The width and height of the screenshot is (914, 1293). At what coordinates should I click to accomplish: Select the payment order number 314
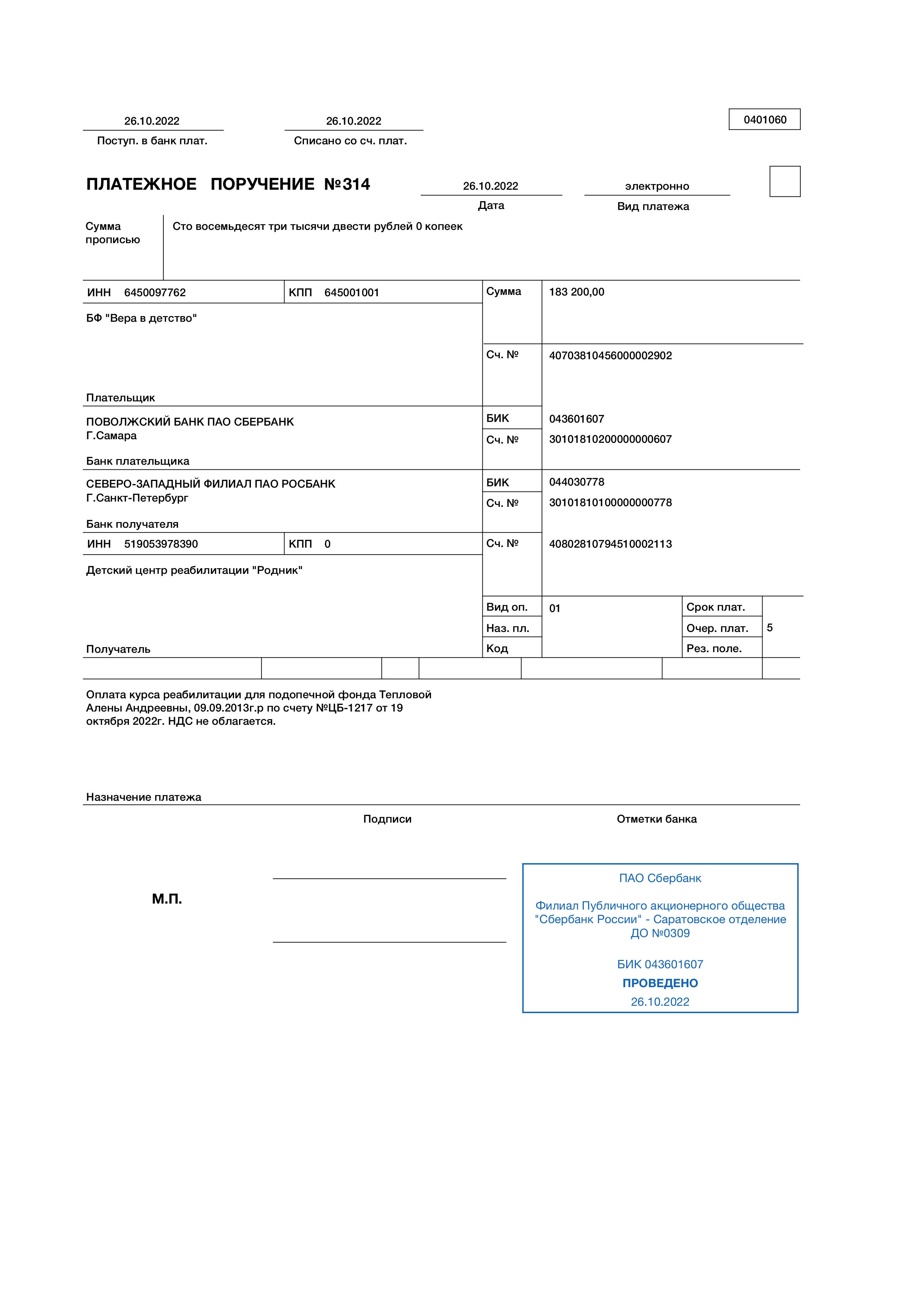pyautogui.click(x=356, y=184)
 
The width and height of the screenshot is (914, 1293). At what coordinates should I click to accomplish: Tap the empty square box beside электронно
pyautogui.click(x=785, y=181)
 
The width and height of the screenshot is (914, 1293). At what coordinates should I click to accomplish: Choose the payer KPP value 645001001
pyautogui.click(x=352, y=292)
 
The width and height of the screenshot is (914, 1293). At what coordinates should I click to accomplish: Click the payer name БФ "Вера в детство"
pyautogui.click(x=141, y=318)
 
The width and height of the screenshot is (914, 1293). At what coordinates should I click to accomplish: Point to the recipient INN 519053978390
pyautogui.click(x=161, y=544)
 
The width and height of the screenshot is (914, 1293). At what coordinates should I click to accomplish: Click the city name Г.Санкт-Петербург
pyautogui.click(x=137, y=498)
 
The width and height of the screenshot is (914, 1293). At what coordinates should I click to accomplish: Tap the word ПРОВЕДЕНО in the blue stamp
pyautogui.click(x=660, y=983)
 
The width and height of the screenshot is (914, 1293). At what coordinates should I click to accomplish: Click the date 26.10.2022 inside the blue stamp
pyautogui.click(x=660, y=1002)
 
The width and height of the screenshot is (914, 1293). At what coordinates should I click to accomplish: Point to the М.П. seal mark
pyautogui.click(x=167, y=899)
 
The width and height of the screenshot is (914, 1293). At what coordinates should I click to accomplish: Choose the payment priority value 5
pyautogui.click(x=769, y=627)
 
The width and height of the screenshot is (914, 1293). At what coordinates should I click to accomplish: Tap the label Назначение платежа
pyautogui.click(x=144, y=797)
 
